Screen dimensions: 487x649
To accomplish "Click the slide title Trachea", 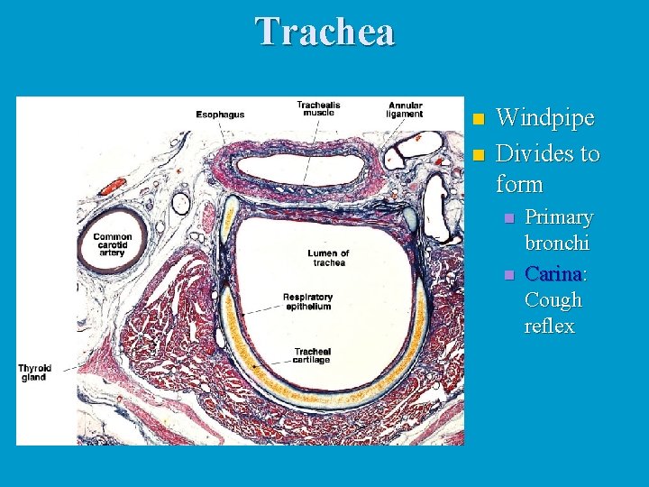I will pyautogui.click(x=324, y=32).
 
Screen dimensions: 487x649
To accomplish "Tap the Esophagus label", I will pyautogui.click(x=220, y=115).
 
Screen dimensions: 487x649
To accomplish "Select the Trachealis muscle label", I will pyautogui.click(x=319, y=109).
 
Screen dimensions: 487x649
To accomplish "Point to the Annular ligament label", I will pyautogui.click(x=406, y=109).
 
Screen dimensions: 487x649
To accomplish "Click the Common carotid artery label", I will pyautogui.click(x=113, y=244).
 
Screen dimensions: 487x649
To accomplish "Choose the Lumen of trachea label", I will pyautogui.click(x=327, y=258).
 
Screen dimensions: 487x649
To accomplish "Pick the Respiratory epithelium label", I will pyautogui.click(x=307, y=302).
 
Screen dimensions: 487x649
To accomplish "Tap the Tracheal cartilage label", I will pyautogui.click(x=311, y=355).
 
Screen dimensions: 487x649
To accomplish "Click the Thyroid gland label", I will pyautogui.click(x=34, y=372).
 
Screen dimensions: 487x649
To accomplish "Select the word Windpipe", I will pyautogui.click(x=544, y=118).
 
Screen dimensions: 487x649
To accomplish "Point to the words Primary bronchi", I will pyautogui.click(x=559, y=230).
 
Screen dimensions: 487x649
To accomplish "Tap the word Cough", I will pyautogui.click(x=553, y=299).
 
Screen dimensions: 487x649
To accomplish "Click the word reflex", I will pyautogui.click(x=549, y=326).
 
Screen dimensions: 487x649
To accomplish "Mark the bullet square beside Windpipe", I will pyautogui.click(x=479, y=119).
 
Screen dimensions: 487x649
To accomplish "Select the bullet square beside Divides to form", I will pyautogui.click(x=479, y=154).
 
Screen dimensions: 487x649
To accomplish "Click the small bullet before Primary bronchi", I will pyautogui.click(x=509, y=218).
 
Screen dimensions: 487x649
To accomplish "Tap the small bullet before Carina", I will pyautogui.click(x=509, y=273).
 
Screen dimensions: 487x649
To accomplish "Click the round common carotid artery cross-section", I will pyautogui.click(x=111, y=243).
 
